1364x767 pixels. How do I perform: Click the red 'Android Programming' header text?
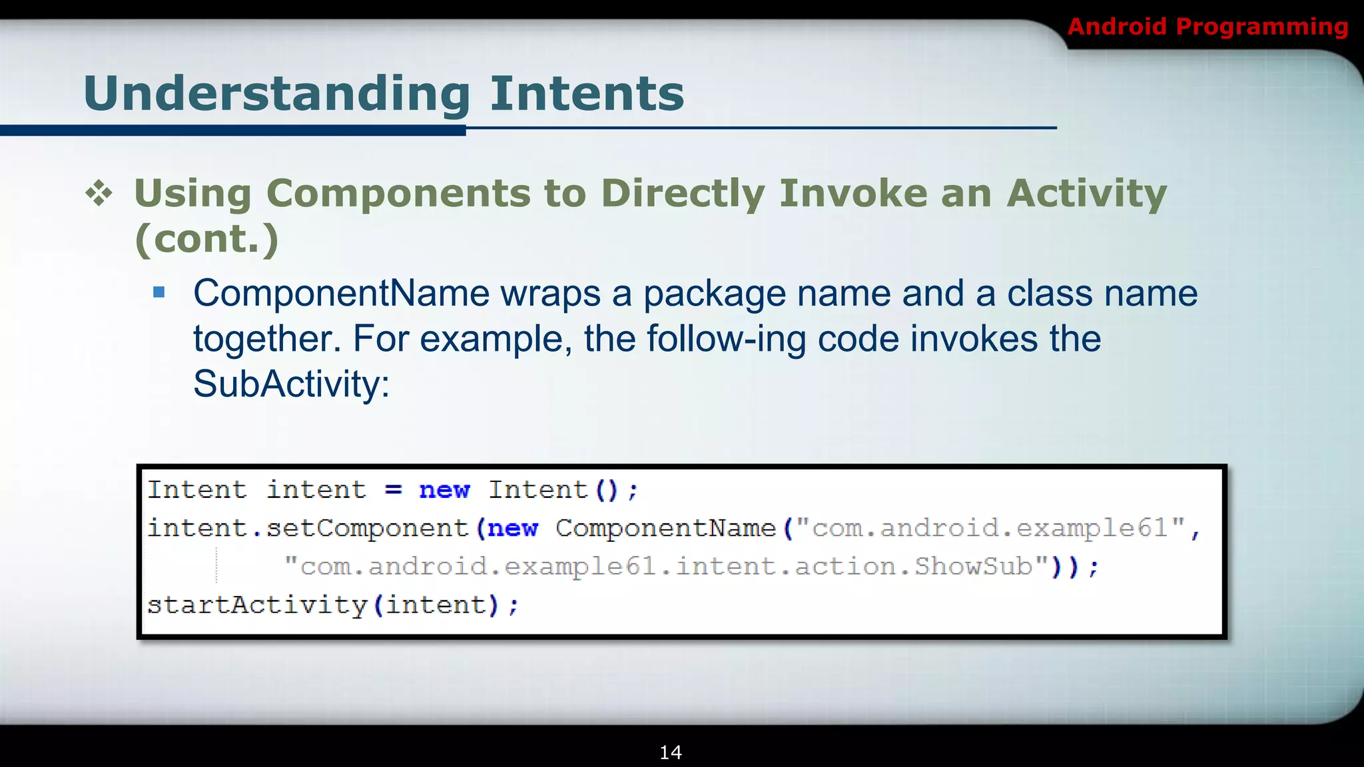pyautogui.click(x=1207, y=27)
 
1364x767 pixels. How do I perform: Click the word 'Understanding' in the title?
pyautogui.click(x=277, y=94)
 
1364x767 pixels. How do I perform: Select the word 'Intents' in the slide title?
pyautogui.click(x=587, y=94)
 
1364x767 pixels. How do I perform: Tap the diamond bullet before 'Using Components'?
pyautogui.click(x=99, y=194)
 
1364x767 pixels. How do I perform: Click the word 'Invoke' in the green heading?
pyautogui.click(x=853, y=194)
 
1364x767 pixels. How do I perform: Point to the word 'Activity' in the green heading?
pyautogui.click(x=1086, y=194)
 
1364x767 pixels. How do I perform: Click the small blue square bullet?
pyautogui.click(x=159, y=292)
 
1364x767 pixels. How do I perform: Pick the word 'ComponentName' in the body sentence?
pyautogui.click(x=341, y=294)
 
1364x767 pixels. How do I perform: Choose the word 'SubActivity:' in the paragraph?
pyautogui.click(x=291, y=384)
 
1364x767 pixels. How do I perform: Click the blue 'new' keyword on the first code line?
pyautogui.click(x=444, y=491)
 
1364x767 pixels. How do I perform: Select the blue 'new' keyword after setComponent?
pyautogui.click(x=512, y=529)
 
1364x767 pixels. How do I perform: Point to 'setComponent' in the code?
pyautogui.click(x=367, y=529)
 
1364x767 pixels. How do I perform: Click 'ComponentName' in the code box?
pyautogui.click(x=665, y=529)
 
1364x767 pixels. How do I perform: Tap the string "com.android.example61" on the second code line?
pyautogui.click(x=990, y=529)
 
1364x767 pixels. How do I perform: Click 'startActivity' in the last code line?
pyautogui.click(x=257, y=605)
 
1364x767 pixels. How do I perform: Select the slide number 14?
pyautogui.click(x=671, y=752)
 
